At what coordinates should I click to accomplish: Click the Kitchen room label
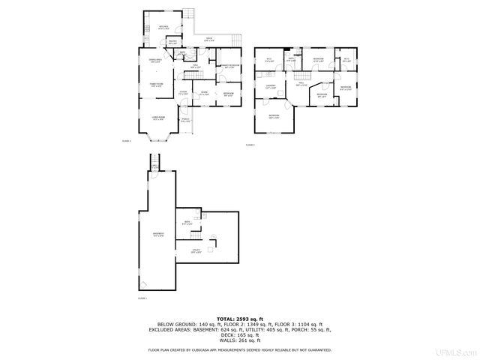coord(163,27)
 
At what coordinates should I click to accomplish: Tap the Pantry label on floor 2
coord(172,43)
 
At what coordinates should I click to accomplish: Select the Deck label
coord(209,40)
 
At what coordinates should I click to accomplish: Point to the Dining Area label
coord(156,61)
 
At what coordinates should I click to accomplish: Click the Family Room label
coord(156,85)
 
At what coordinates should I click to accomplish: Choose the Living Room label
coord(157,118)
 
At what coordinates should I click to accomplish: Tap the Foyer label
coord(182,93)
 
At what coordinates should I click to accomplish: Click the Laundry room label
coord(271,87)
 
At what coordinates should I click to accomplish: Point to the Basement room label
coord(157,235)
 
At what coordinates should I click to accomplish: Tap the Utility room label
coord(196,250)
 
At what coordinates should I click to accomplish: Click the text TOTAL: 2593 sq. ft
coord(239,319)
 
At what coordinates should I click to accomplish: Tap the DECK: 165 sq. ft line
coord(239,334)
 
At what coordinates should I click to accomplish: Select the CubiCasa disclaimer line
coord(239,350)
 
